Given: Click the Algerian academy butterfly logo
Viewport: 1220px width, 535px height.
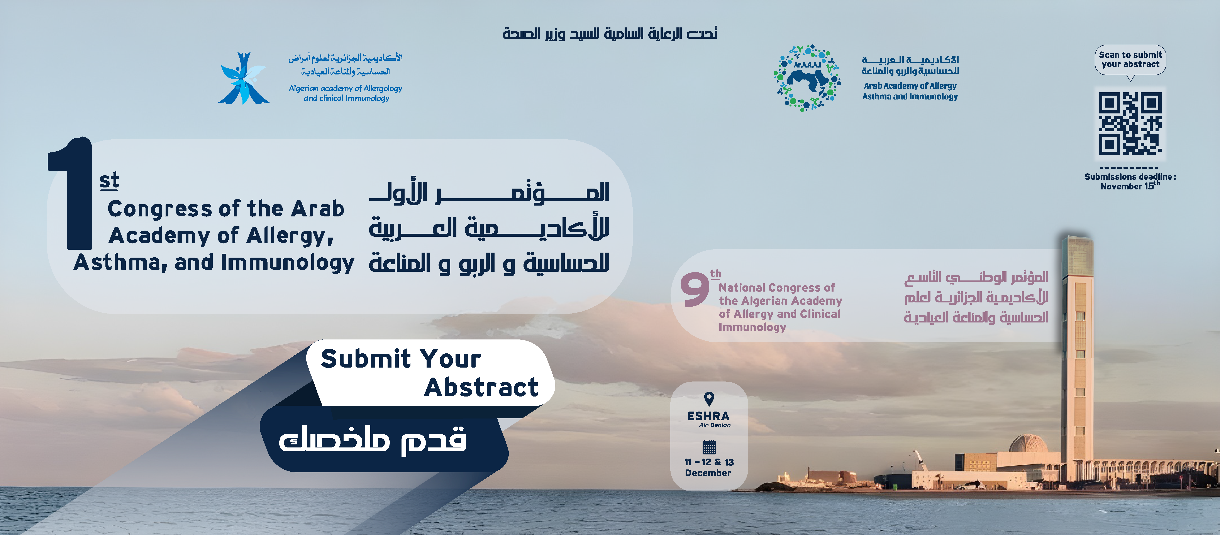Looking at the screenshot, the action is (x=243, y=78).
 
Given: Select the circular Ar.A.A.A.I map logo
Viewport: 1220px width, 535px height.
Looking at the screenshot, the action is (x=807, y=78).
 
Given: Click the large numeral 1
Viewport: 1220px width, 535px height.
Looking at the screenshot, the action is (x=71, y=193).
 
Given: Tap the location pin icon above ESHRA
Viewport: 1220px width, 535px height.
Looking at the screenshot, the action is (x=709, y=399).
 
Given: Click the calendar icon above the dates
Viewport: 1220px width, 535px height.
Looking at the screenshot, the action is (x=709, y=447).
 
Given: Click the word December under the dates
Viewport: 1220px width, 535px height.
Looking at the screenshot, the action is (x=708, y=473).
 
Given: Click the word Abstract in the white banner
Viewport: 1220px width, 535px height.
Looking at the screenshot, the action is (x=481, y=387).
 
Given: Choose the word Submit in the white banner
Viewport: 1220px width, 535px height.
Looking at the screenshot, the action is (x=366, y=358).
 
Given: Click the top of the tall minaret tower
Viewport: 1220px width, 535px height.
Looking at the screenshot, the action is (x=1077, y=238).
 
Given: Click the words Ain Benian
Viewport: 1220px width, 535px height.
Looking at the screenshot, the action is (x=715, y=425).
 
